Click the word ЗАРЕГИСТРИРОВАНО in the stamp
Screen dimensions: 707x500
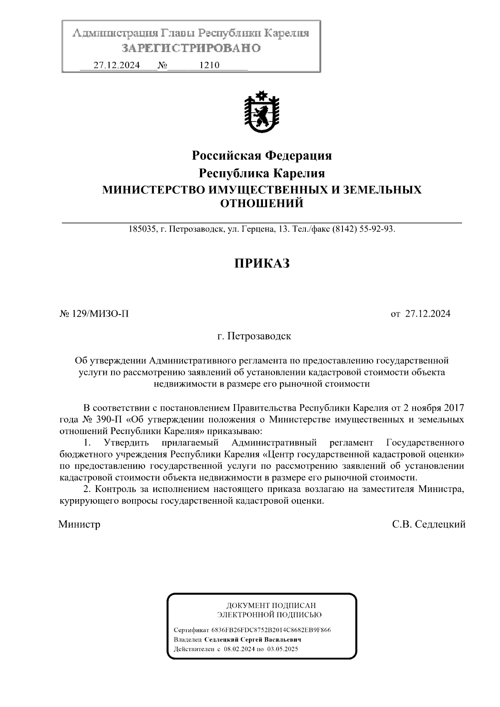(x=191, y=48)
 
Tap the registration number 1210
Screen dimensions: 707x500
(x=210, y=65)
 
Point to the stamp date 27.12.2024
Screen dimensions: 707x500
(x=116, y=65)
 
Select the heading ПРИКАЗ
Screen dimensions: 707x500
(x=261, y=263)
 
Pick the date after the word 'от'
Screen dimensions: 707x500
(x=427, y=314)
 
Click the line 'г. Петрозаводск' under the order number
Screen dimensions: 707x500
(x=254, y=336)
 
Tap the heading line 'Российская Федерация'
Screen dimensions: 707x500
(x=262, y=156)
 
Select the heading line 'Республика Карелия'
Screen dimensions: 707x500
(x=262, y=173)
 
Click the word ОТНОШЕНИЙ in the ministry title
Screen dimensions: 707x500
(x=262, y=203)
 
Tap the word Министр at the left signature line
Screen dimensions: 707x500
(x=79, y=524)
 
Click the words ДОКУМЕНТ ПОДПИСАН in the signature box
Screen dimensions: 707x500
(x=271, y=605)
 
